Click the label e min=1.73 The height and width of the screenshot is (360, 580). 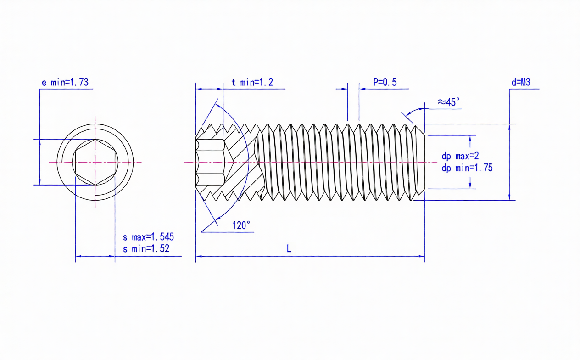(65, 83)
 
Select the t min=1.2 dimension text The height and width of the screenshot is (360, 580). (252, 83)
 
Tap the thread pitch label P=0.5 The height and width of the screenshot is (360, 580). (385, 83)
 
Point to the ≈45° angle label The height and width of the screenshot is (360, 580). (448, 102)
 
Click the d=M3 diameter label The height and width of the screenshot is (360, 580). (521, 83)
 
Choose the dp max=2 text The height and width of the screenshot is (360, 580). (460, 157)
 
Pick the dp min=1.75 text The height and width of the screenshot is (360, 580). (467, 168)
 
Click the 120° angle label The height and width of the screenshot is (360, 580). (241, 225)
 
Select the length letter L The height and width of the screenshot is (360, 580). (289, 249)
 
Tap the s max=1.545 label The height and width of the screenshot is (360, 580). (148, 237)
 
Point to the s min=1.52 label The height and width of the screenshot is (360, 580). (146, 249)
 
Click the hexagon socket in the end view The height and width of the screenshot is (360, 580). (95, 162)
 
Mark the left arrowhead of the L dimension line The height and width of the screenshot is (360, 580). (199, 256)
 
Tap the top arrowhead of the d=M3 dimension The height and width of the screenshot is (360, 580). (509, 127)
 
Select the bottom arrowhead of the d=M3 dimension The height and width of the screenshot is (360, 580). (509, 197)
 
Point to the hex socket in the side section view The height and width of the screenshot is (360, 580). (210, 162)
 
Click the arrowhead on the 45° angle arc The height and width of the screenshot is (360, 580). (405, 113)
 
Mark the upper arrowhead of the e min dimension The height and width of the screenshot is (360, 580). (39, 142)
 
